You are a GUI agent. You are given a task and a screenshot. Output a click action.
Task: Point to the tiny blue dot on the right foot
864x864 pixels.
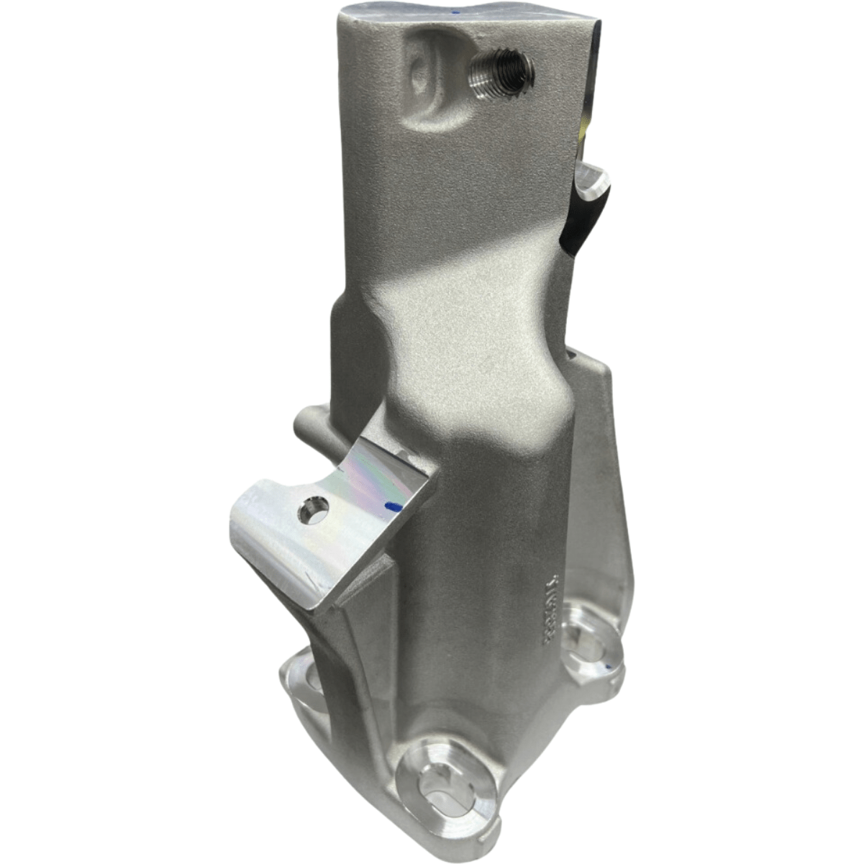click(609, 668)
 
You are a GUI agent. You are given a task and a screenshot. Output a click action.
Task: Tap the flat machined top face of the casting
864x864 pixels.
click(460, 18)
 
